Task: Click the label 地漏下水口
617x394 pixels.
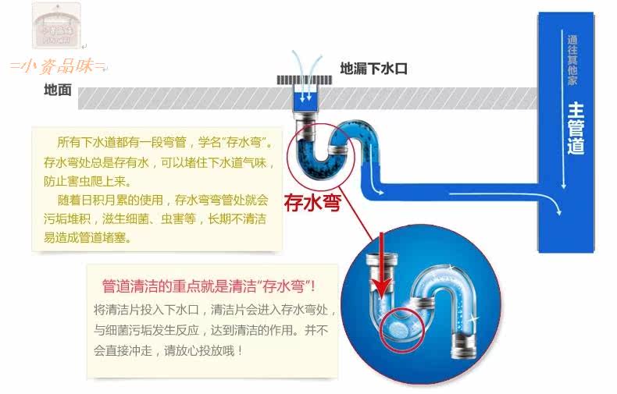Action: [373, 69]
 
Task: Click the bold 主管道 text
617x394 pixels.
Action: [576, 128]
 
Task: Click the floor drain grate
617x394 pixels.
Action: [303, 80]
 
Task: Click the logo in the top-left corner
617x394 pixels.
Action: [58, 27]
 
